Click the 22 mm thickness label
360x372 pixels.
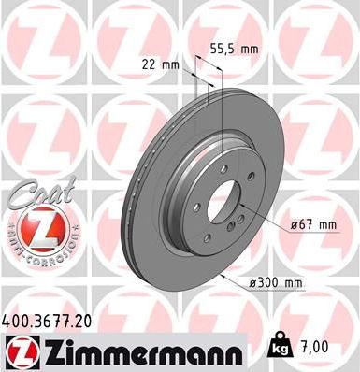(160, 64)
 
